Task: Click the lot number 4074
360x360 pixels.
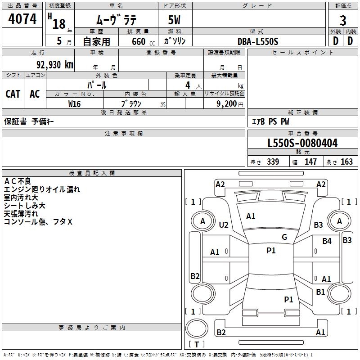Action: point(22,19)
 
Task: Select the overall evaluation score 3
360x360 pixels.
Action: point(343,21)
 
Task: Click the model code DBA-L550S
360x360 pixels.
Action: point(258,41)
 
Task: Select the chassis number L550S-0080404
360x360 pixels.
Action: point(302,143)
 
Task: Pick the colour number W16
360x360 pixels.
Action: point(74,103)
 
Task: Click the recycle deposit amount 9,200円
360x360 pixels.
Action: point(229,103)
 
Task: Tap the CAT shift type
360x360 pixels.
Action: point(13,94)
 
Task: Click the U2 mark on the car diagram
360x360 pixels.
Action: point(224,225)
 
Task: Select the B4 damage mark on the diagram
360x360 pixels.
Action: point(327,241)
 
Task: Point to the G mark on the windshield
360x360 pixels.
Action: point(284,237)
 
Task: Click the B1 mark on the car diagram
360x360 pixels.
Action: point(320,292)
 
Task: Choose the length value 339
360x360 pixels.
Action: point(272,162)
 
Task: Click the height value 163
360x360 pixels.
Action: point(346,162)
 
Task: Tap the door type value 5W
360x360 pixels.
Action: point(175,21)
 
